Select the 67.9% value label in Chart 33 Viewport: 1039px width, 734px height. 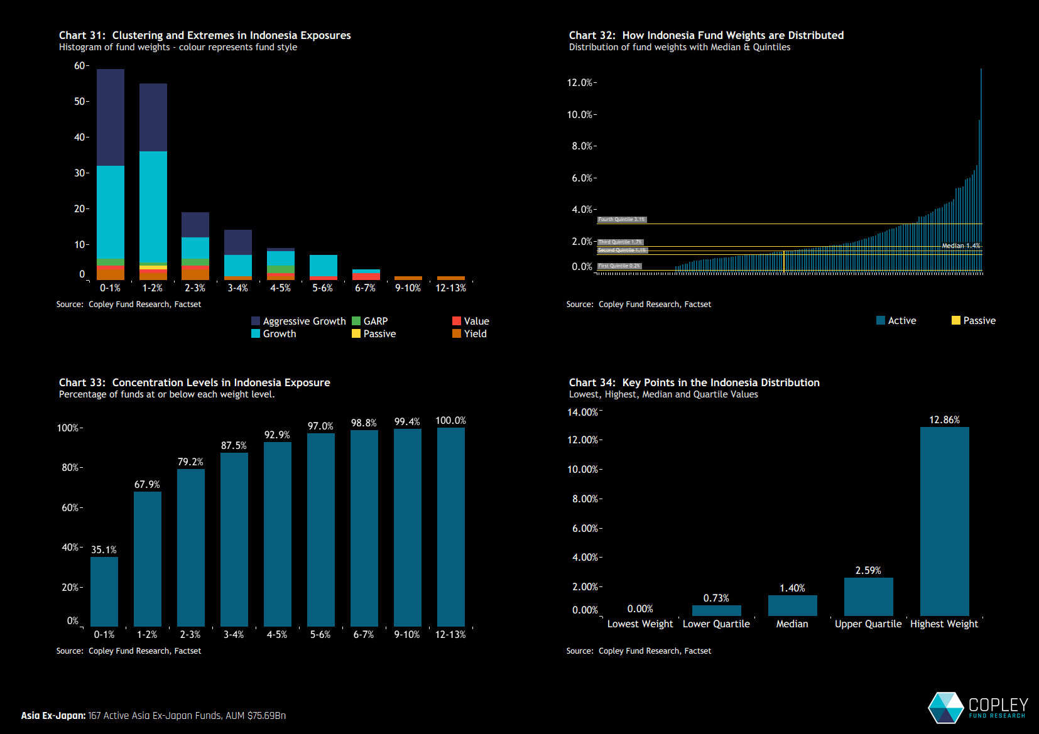coord(147,485)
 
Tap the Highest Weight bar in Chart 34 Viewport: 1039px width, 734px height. coord(944,521)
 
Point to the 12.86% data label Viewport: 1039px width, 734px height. coord(944,420)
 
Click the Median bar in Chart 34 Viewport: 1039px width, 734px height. coord(792,605)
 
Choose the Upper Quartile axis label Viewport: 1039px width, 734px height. coord(868,624)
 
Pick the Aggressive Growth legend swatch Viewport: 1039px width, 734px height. coord(256,321)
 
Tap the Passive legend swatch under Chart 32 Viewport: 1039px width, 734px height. coord(955,320)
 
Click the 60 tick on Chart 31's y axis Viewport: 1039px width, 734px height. coord(80,66)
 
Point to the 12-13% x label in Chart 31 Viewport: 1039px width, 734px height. coord(450,288)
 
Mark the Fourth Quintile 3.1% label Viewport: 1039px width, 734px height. coord(621,220)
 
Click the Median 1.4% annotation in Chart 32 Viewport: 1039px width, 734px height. coord(960,246)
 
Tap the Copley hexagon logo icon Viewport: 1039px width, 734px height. coord(946,708)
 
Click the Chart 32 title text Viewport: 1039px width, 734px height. coord(706,36)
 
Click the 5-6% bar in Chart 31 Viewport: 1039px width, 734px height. coord(323,266)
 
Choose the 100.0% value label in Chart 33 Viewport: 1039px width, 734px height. coord(450,421)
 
